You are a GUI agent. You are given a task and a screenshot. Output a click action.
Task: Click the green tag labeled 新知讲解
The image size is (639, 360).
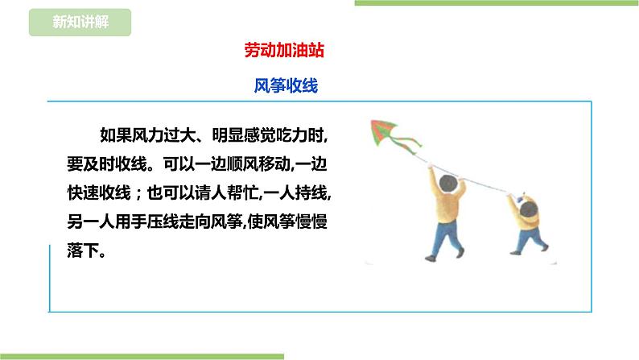(79, 22)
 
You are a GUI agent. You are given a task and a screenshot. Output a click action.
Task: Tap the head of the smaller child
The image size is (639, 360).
(530, 213)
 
